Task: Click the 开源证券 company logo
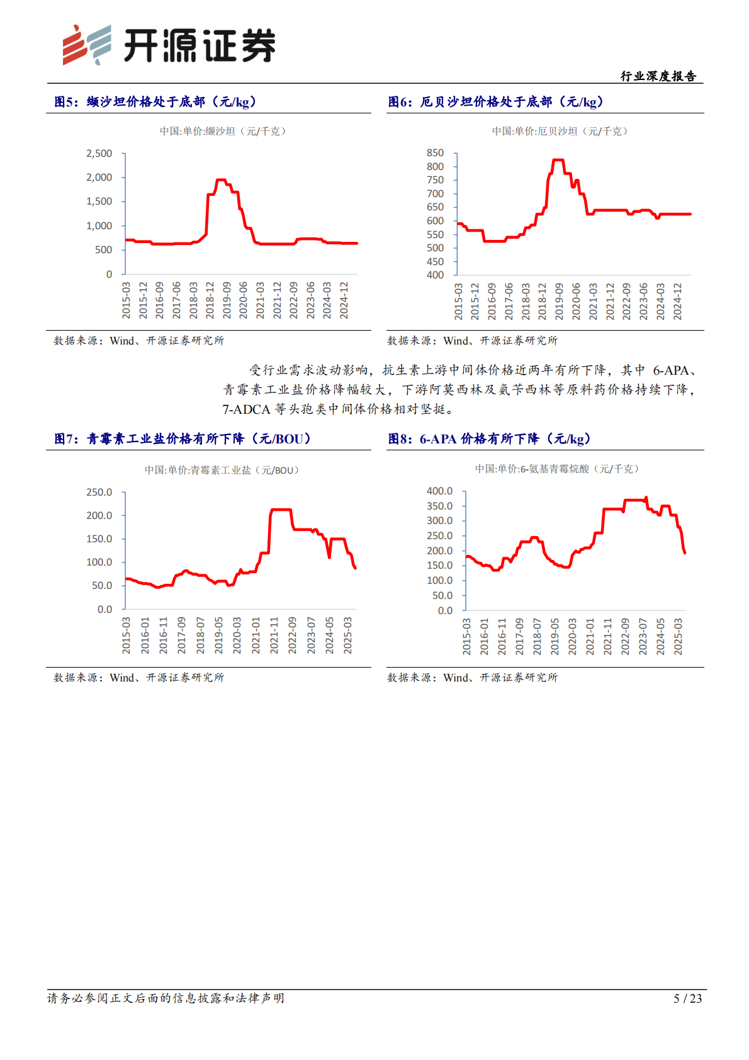coord(169,45)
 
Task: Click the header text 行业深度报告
coord(658,76)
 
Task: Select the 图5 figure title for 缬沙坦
coord(155,102)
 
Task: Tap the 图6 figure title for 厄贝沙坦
coord(496,102)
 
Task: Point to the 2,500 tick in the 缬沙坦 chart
coord(99,154)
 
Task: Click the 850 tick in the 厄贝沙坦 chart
coord(435,153)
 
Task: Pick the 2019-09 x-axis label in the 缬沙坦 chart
coord(227,300)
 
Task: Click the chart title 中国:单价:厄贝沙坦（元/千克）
coord(560,131)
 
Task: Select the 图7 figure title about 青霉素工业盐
coord(183,439)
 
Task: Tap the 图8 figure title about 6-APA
coord(490,439)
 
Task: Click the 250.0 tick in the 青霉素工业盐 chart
coord(99,493)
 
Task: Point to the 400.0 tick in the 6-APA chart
coord(439,491)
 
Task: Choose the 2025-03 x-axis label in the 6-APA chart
coord(678,636)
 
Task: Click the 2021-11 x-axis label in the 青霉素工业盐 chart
coord(274,635)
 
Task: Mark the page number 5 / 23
coord(687,998)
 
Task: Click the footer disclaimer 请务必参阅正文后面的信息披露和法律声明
coord(166,998)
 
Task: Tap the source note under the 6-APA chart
coord(472,677)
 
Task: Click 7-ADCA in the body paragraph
coord(246,409)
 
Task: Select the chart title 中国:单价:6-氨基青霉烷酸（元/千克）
coord(556,469)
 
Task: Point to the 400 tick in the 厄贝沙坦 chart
coord(435,275)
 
